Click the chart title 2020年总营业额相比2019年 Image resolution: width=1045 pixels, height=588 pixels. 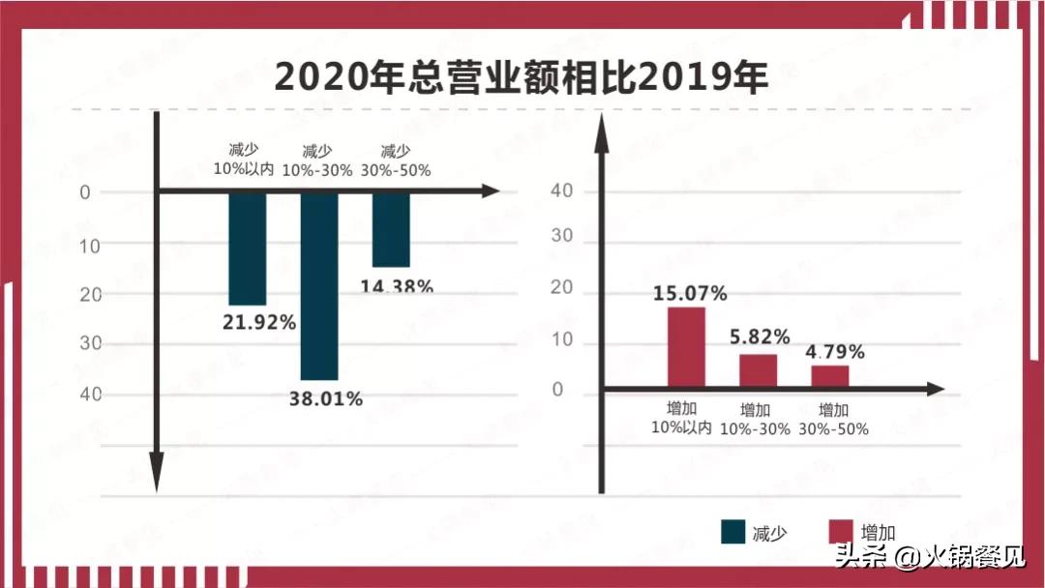(x=522, y=76)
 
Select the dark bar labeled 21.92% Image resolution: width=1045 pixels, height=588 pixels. (x=247, y=249)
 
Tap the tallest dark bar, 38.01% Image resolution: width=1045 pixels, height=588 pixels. (x=319, y=286)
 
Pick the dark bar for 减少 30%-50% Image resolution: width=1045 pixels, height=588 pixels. (x=391, y=230)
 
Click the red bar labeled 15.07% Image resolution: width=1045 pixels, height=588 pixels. (x=686, y=347)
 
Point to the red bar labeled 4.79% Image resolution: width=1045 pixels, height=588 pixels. (x=830, y=376)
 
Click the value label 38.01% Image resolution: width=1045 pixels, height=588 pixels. (x=326, y=397)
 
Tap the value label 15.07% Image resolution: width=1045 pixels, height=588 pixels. (x=690, y=293)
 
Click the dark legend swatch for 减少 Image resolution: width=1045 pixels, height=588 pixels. (x=732, y=532)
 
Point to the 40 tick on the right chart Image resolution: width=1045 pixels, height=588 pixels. (x=561, y=191)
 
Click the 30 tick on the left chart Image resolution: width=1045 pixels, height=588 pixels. (x=89, y=344)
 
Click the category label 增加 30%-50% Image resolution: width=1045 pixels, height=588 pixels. (x=834, y=418)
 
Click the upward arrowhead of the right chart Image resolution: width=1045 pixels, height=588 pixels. (x=601, y=135)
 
